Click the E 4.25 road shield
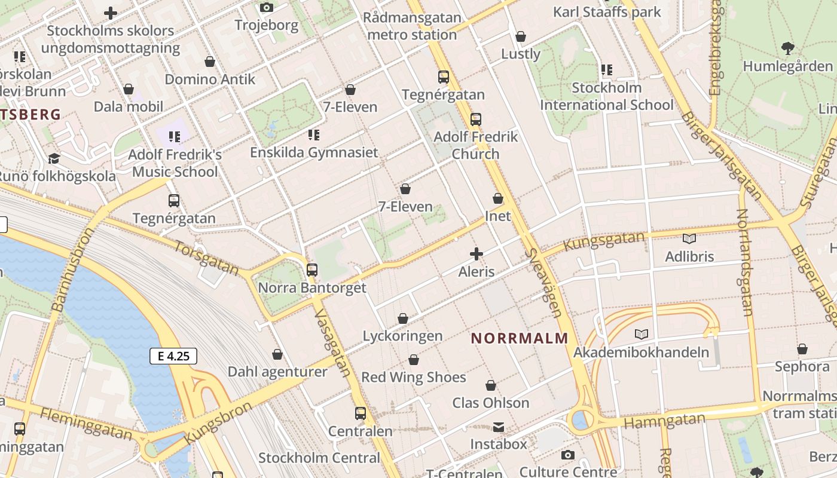click(173, 357)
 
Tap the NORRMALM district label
click(519, 338)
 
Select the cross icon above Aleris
click(476, 254)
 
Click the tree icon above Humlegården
click(787, 48)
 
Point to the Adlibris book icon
click(689, 238)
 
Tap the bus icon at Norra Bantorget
click(311, 269)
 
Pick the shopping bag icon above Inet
click(498, 198)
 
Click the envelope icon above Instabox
click(499, 427)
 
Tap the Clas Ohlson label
click(490, 403)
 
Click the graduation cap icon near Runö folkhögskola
click(54, 158)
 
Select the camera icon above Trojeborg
click(267, 8)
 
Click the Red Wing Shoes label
click(413, 378)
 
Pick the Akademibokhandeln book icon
click(642, 334)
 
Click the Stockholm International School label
click(606, 96)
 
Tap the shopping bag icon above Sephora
click(802, 348)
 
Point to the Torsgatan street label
click(207, 258)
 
